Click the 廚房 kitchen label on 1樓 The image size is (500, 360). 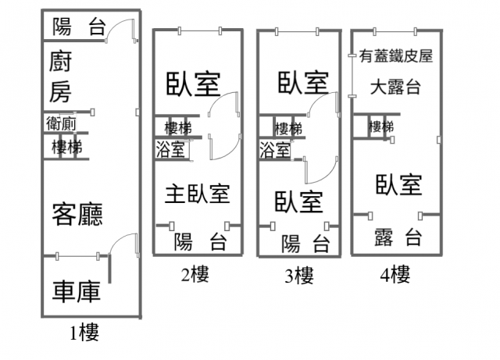point(61,77)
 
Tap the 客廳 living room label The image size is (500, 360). point(78,214)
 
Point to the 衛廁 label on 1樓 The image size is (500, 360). point(60,123)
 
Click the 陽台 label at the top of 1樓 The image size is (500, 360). point(78,28)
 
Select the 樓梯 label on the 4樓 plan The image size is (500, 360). point(381,127)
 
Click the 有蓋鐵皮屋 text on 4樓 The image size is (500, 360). point(396,56)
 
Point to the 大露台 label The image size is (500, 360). point(396,86)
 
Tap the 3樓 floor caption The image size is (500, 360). point(299,275)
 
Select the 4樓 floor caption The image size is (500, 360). point(395,274)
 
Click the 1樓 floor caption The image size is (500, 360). point(84,334)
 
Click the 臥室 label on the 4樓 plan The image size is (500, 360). point(398,185)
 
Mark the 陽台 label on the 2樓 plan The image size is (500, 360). point(200,241)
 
